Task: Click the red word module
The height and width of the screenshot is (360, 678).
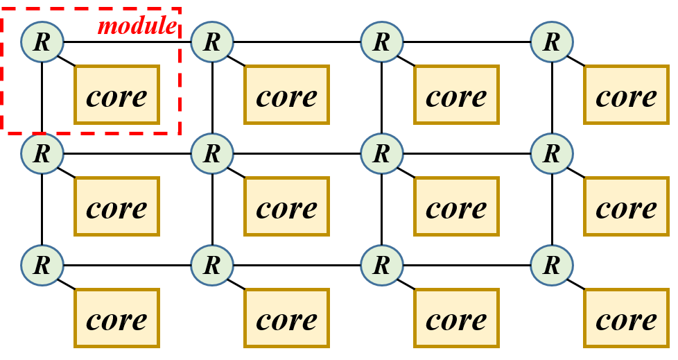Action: click(x=137, y=26)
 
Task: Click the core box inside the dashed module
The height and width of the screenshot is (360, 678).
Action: click(x=117, y=95)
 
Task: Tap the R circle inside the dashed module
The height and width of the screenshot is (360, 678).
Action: click(x=42, y=42)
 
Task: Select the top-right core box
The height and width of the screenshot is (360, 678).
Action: click(x=627, y=95)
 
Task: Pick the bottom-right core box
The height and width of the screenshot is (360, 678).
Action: click(x=627, y=318)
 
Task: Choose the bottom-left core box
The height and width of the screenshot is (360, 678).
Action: click(x=117, y=318)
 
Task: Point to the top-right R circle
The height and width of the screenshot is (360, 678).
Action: click(x=552, y=42)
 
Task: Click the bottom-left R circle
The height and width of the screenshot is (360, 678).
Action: click(x=42, y=265)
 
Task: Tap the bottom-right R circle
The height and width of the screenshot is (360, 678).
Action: click(x=552, y=265)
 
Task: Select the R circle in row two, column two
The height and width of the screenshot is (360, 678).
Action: click(x=212, y=153)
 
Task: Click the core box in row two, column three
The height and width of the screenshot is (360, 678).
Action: click(x=457, y=207)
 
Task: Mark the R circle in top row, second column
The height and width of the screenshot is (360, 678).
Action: click(x=212, y=42)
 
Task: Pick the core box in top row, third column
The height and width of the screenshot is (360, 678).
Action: click(x=457, y=95)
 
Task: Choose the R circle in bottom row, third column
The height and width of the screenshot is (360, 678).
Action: click(x=382, y=265)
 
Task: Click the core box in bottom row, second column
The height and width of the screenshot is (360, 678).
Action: click(x=287, y=318)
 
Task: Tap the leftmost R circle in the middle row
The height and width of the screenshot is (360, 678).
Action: click(x=42, y=153)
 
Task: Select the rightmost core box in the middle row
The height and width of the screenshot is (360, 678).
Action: click(x=627, y=207)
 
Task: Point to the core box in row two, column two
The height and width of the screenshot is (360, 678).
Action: click(x=287, y=207)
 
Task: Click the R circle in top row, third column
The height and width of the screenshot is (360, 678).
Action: click(x=382, y=42)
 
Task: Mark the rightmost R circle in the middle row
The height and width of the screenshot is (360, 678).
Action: click(x=552, y=153)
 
